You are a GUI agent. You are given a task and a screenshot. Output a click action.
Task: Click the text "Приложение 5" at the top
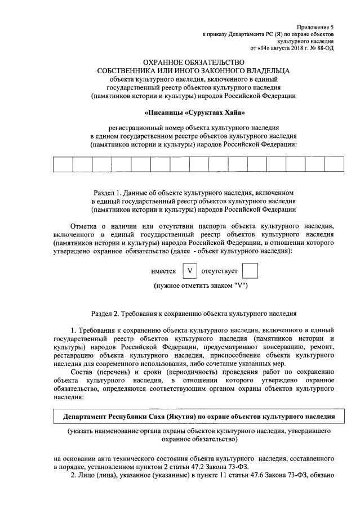tap(316, 27)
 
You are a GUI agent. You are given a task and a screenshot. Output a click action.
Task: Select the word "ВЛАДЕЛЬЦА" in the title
tap(265, 71)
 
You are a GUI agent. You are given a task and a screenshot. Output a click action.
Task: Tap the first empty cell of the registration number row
tap(63, 164)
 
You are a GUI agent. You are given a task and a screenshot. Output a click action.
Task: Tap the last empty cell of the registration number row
tap(334, 164)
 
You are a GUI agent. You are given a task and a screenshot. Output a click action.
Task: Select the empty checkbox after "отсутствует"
tap(250, 271)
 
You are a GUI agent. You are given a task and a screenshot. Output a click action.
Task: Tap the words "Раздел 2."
tap(106, 313)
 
